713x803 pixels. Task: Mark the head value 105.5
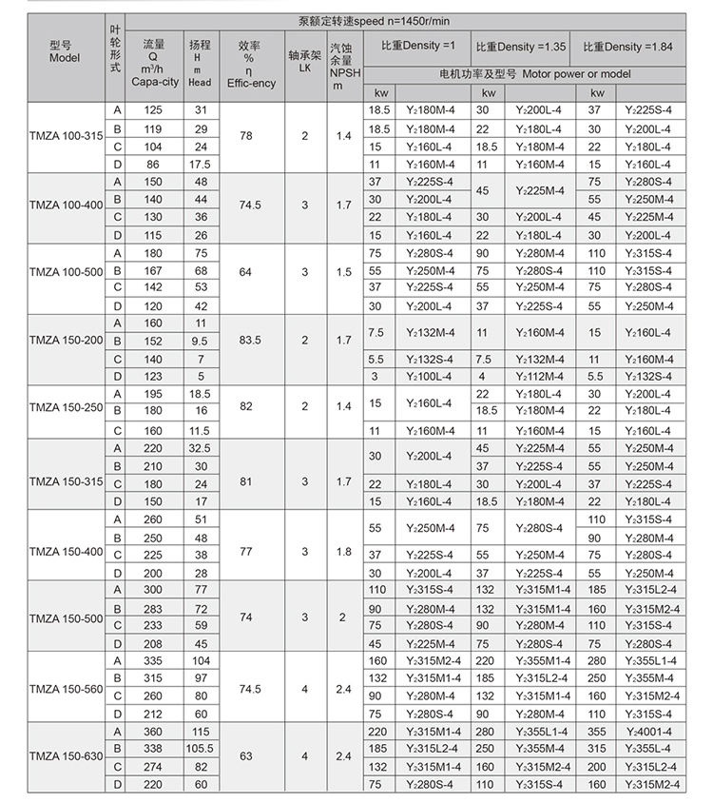(201, 749)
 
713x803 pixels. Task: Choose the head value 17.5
(201, 165)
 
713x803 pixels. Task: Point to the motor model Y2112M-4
(540, 377)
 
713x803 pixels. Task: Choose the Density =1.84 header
(628, 46)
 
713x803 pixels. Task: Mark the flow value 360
(153, 731)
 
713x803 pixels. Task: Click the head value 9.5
(201, 341)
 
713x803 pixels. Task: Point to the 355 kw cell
(597, 731)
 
